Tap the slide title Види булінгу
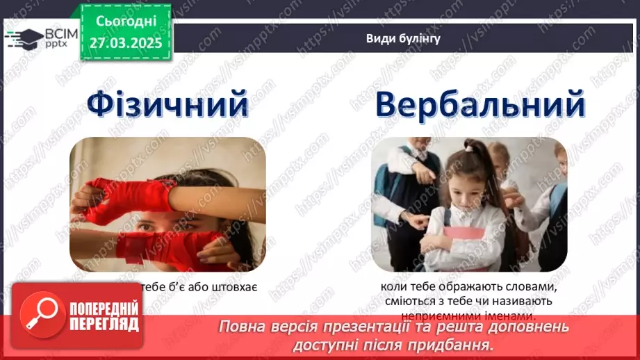(403, 39)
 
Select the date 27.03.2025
(126, 43)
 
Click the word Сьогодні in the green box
(126, 22)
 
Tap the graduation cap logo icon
(22, 37)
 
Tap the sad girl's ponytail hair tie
(469, 147)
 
